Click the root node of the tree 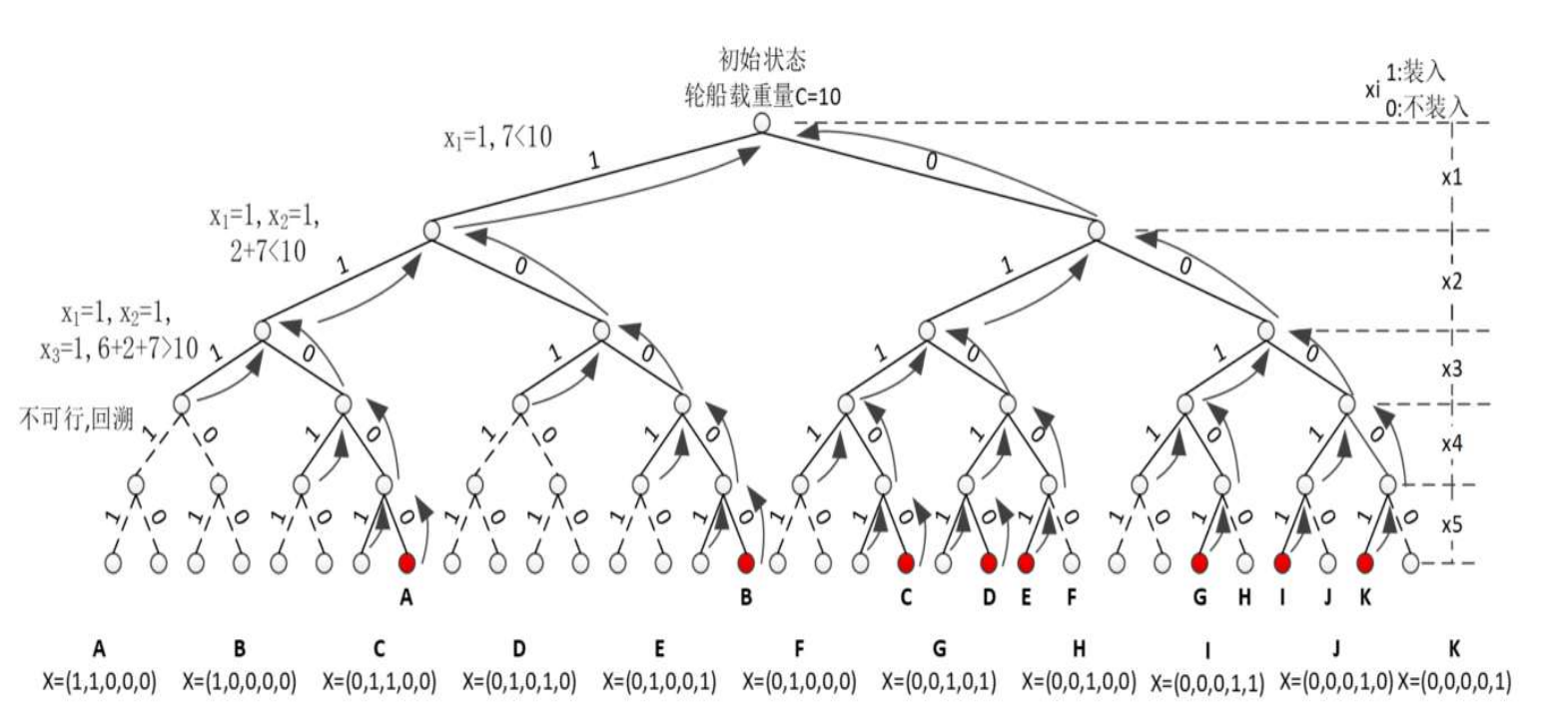pyautogui.click(x=761, y=123)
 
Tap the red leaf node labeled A pyautogui.click(x=406, y=562)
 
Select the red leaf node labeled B pyautogui.click(x=745, y=562)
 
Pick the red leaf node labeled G pyautogui.click(x=1198, y=562)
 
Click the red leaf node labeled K pyautogui.click(x=1364, y=562)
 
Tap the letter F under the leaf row pyautogui.click(x=1072, y=598)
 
